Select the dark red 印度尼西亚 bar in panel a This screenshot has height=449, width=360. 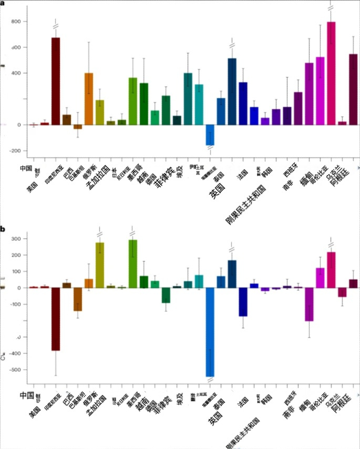point(55,81)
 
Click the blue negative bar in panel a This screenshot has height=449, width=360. point(210,135)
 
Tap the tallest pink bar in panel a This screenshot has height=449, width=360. point(331,73)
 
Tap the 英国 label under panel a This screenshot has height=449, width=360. point(216,195)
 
